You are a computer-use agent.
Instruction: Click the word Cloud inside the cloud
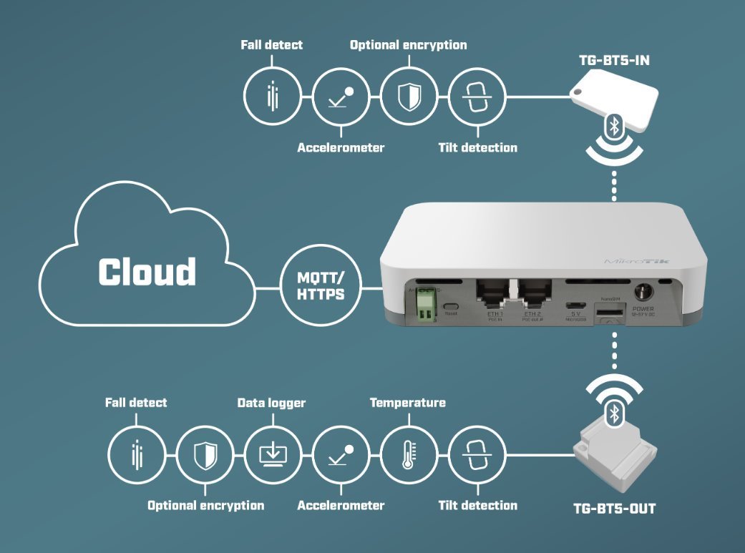[x=147, y=272]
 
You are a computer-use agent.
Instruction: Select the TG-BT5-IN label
[x=614, y=60]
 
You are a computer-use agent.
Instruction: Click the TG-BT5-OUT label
[x=615, y=509]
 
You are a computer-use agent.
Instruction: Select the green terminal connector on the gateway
[x=428, y=305]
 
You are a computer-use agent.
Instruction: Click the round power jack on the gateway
[x=642, y=292]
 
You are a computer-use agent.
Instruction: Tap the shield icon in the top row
[x=409, y=98]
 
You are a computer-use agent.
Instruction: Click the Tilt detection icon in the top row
[x=477, y=98]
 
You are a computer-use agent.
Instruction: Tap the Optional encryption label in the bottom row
[x=205, y=505]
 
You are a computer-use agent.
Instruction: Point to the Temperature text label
[x=407, y=403]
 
